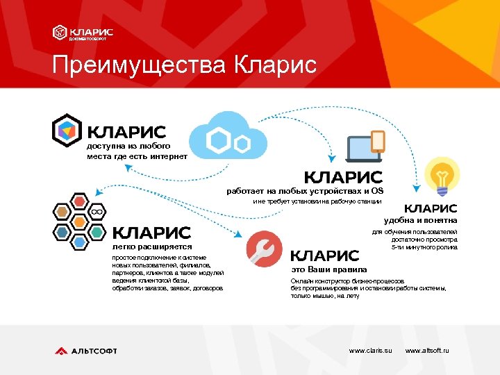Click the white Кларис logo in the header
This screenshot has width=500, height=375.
83,33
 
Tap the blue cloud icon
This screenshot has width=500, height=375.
228,138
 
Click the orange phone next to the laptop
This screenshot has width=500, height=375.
378,141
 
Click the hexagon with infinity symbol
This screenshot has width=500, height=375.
98,210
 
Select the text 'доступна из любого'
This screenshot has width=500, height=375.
128,147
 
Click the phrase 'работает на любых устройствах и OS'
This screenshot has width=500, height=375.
305,191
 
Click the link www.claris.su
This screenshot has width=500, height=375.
370,351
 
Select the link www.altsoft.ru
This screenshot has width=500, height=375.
426,351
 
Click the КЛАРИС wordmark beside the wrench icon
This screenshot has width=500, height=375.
324,256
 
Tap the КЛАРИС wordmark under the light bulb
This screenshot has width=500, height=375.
431,208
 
